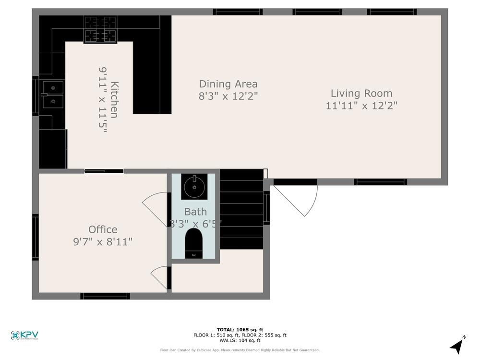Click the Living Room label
pos(361,94)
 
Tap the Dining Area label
pos(228,84)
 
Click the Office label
pos(103,229)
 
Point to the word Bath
pos(195,212)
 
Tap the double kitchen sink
pos(52,95)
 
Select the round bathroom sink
pos(194,186)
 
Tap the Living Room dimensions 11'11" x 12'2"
pos(361,106)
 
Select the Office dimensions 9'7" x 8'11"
pos(103,241)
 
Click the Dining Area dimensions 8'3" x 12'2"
pos(228,96)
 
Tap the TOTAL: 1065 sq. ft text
pos(240,329)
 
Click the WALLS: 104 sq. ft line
pos(240,340)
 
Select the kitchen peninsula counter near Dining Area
pos(152,77)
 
